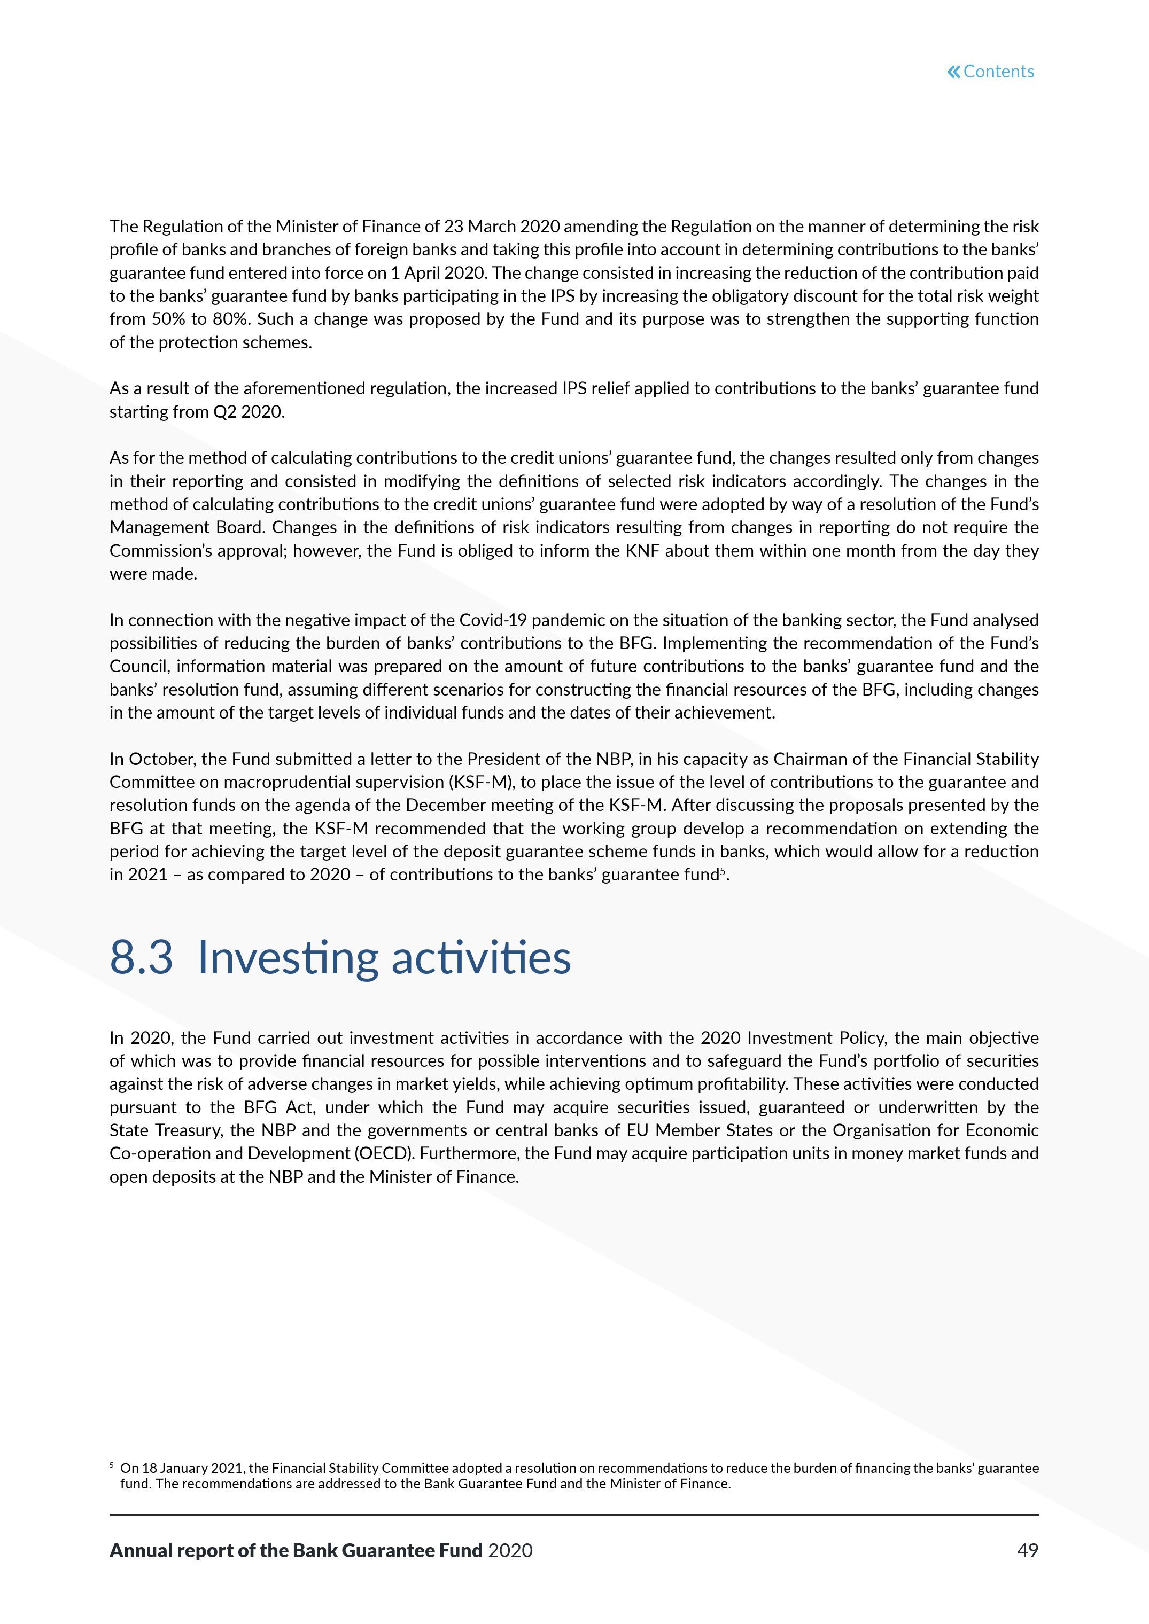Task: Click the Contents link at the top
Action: coord(998,72)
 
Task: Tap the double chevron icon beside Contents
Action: coord(954,72)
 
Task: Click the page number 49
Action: coord(1027,1550)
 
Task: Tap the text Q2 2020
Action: coord(249,412)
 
